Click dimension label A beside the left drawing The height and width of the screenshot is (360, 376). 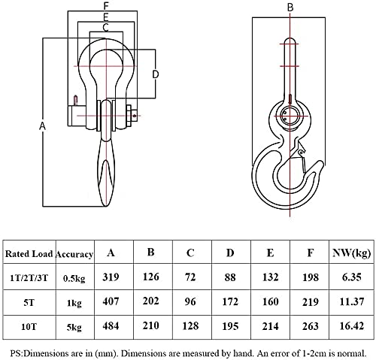[43, 126]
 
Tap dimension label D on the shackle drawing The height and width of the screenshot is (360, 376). [156, 74]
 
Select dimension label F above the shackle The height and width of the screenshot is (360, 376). [106, 6]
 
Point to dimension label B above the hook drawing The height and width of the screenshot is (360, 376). [290, 8]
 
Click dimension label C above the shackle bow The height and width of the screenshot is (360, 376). [105, 27]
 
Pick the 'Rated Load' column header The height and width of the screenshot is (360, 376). [29, 254]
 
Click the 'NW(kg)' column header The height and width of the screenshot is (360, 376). [351, 253]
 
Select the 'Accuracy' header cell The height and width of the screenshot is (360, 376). [74, 254]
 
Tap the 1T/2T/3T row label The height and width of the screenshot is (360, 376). [29, 278]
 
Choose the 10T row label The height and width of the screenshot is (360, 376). [29, 327]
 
